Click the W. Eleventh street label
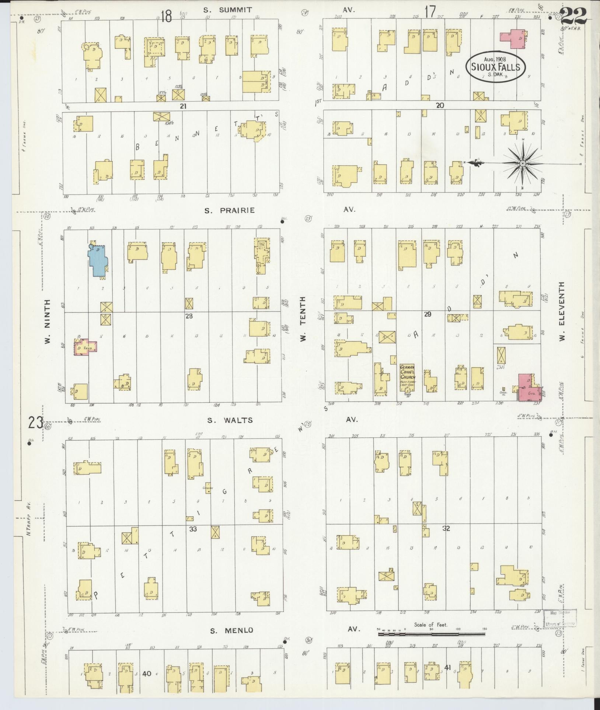click(x=562, y=312)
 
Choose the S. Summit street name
click(x=228, y=10)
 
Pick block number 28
click(x=189, y=316)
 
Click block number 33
click(x=193, y=529)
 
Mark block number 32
click(x=446, y=528)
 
